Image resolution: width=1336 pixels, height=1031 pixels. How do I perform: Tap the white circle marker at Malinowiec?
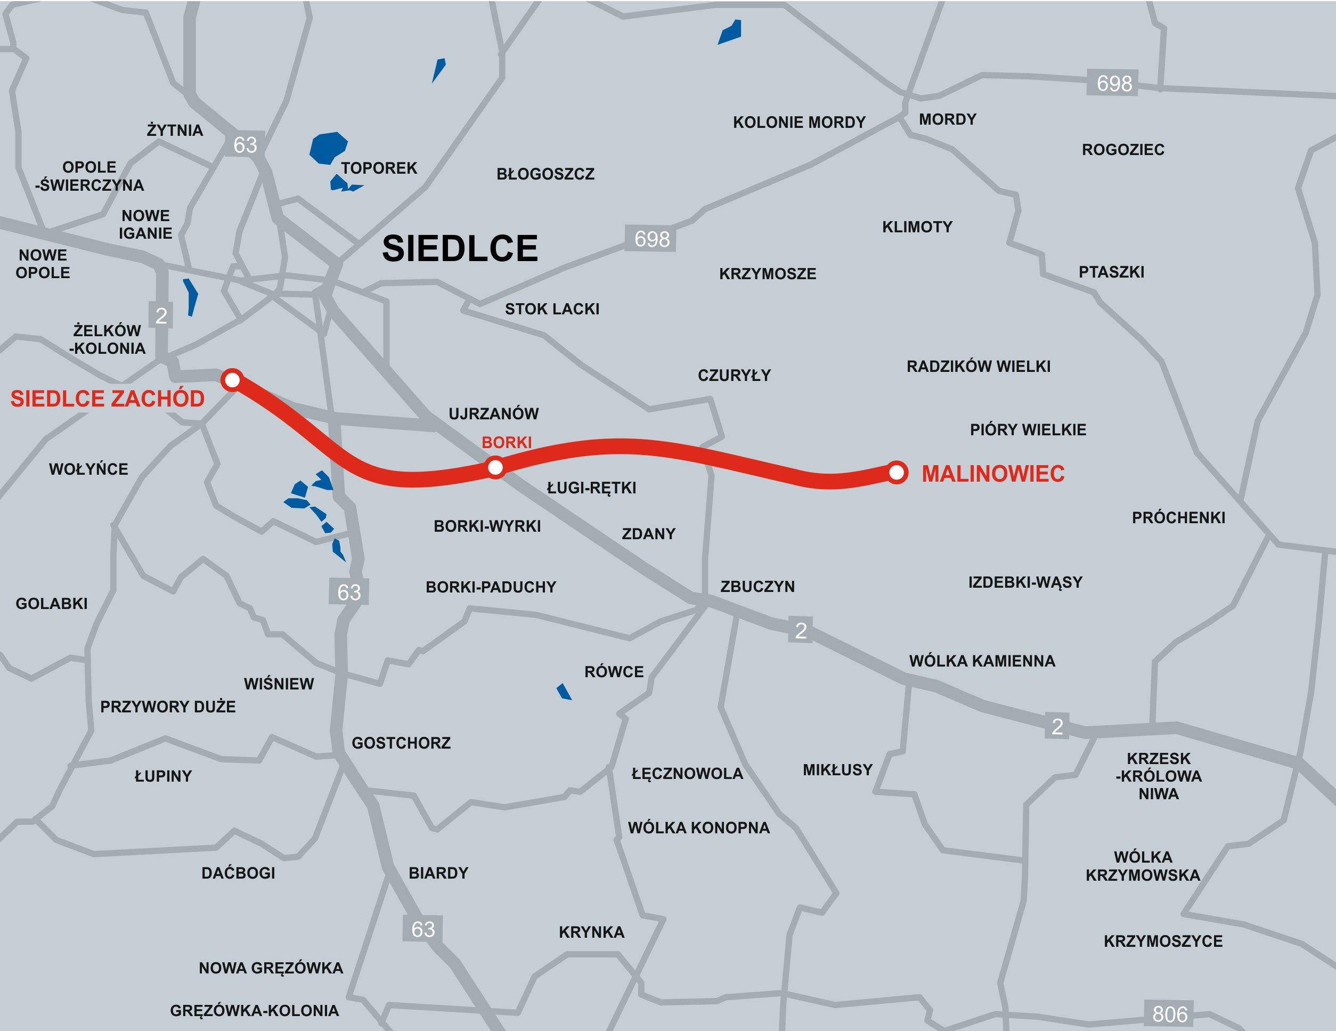tap(896, 473)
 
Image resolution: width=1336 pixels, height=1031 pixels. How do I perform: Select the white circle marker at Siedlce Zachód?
tap(232, 380)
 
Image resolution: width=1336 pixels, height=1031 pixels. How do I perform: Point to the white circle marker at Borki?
tap(495, 467)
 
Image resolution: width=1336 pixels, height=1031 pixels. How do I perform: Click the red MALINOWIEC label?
tap(993, 474)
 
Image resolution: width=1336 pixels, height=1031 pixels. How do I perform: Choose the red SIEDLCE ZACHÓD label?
tap(108, 399)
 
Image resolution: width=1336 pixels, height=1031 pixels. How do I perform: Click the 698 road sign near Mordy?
tap(1113, 83)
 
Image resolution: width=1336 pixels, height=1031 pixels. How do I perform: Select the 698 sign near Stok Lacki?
tap(651, 239)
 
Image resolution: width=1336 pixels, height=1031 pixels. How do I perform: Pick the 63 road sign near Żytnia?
tap(245, 145)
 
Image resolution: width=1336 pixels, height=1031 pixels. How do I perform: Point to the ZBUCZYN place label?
tap(757, 586)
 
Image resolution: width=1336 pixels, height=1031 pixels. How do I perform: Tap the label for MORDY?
tap(947, 119)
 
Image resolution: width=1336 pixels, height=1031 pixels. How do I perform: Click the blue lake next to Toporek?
tap(328, 148)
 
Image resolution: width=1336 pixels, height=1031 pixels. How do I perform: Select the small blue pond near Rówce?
tap(564, 692)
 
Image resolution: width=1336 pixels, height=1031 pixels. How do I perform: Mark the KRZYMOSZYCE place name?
tap(1162, 941)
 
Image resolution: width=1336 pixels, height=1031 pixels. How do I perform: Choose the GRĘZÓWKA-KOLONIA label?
tap(254, 1010)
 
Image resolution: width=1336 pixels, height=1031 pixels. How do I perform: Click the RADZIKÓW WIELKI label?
tap(978, 367)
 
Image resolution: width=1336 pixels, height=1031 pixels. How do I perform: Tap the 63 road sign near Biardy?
tap(423, 929)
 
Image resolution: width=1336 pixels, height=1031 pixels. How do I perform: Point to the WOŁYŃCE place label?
tap(89, 469)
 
